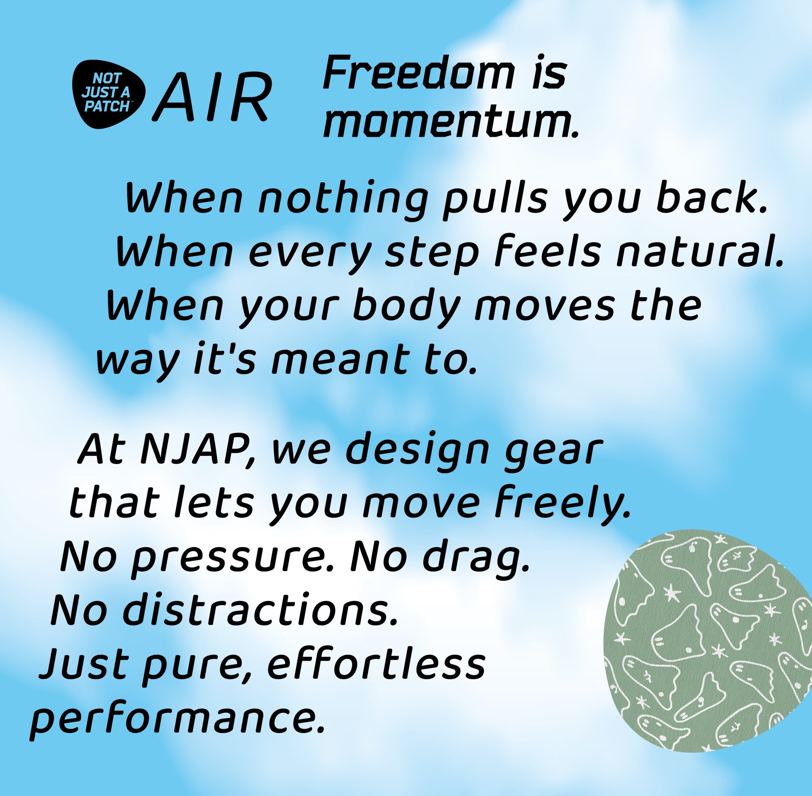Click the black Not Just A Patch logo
coord(109,94)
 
